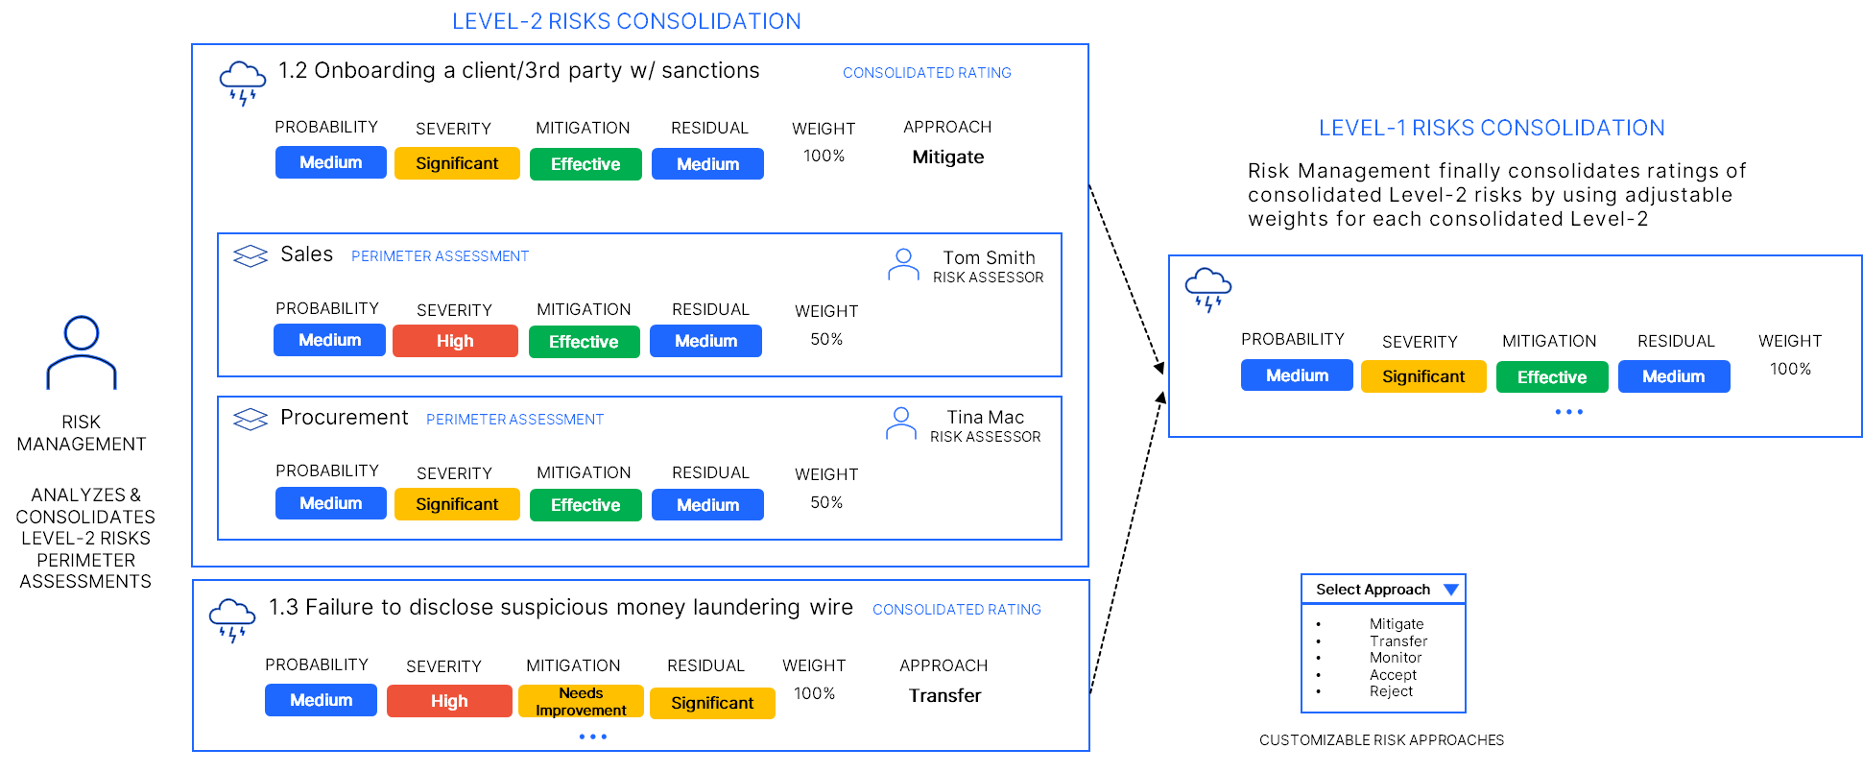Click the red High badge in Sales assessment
click(x=455, y=341)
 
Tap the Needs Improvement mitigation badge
click(x=581, y=702)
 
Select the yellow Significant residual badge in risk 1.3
click(x=712, y=703)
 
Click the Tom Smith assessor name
click(x=989, y=257)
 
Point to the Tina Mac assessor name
click(x=985, y=417)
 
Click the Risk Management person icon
click(x=82, y=352)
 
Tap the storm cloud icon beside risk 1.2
click(x=242, y=83)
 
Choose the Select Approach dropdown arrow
click(x=1450, y=590)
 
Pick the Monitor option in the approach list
click(x=1396, y=658)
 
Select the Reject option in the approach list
click(x=1391, y=691)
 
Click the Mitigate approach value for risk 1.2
click(x=947, y=157)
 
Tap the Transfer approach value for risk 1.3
click(x=944, y=696)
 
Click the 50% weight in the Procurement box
click(x=826, y=502)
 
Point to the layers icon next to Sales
click(x=251, y=256)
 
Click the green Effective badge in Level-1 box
click(x=1551, y=377)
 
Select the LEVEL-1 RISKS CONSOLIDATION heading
click(x=1491, y=128)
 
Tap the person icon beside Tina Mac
click(x=900, y=423)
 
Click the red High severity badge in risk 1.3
click(x=449, y=701)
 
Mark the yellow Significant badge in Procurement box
click(x=457, y=504)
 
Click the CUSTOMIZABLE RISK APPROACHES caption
click(x=1381, y=740)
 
